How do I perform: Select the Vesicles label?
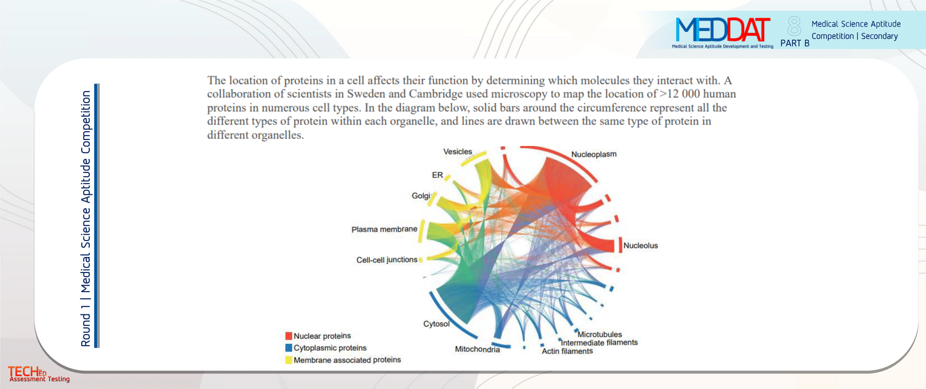tap(457, 152)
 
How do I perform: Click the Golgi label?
tap(420, 196)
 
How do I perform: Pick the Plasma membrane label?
tap(384, 229)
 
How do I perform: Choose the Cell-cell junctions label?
tap(387, 260)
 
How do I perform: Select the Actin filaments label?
tap(567, 351)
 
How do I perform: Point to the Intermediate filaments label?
tap(599, 343)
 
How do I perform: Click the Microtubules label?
tap(600, 334)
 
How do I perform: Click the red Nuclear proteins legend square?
tap(288, 336)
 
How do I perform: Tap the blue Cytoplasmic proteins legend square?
tap(288, 348)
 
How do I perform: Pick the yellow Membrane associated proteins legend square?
tap(288, 360)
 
